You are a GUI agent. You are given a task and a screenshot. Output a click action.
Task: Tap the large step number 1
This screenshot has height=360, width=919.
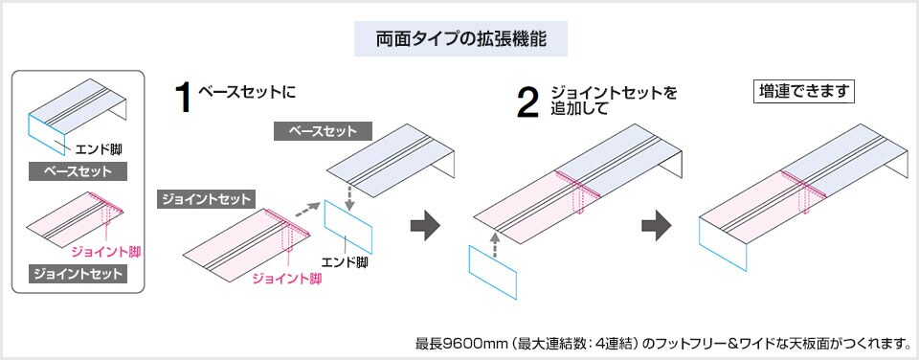184,99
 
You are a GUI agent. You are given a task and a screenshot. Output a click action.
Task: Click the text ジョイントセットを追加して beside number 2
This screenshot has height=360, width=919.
613,101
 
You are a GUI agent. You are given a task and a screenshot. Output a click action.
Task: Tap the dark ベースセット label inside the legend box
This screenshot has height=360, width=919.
78,172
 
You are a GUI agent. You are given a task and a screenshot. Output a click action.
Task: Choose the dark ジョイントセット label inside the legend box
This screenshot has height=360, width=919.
78,274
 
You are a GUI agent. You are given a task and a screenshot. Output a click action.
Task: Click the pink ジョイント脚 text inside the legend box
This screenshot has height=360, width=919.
105,251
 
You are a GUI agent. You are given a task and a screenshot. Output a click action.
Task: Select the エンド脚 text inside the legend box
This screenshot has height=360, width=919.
98,149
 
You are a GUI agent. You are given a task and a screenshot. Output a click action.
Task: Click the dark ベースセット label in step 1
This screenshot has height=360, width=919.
322,131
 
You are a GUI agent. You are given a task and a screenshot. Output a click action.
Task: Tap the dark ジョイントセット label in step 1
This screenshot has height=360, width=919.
206,199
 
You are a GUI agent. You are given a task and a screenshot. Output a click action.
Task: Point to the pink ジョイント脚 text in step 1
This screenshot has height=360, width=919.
285,279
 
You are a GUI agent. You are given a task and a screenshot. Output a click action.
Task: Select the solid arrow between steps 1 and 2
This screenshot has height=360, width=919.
424,227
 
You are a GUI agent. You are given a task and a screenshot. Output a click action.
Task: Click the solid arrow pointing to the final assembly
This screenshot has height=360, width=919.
655,227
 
